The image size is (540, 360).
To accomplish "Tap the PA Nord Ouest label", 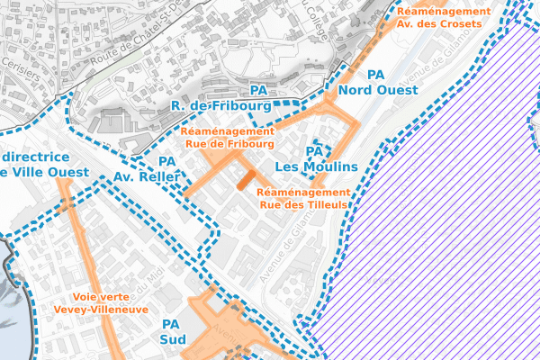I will coord(378,83).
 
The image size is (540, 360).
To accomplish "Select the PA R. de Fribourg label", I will coord(220,99).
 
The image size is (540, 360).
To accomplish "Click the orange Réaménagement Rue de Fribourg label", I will coord(229,136).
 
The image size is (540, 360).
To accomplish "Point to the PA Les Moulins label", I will coord(316,159).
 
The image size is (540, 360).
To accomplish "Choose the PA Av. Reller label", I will coord(148,169).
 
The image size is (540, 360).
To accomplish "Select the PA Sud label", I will coord(171,331).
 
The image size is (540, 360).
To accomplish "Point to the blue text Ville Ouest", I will coord(45,172).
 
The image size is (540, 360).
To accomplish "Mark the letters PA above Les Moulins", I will coord(315,151).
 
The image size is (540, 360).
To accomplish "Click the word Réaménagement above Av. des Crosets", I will coord(444,11).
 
